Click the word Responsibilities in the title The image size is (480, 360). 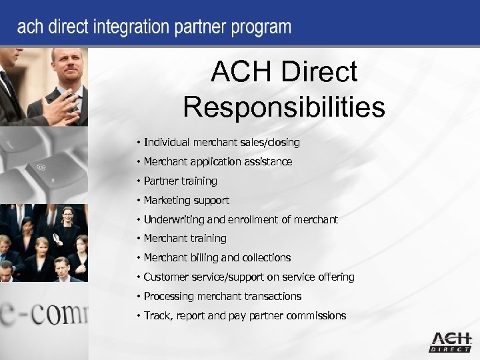284,107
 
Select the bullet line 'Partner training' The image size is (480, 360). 180,181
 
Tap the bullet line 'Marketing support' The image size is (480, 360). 186,200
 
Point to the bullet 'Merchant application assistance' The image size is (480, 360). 217,161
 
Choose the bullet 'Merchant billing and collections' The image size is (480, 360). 217,257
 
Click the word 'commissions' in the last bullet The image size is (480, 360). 316,315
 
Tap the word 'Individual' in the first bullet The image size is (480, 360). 165,142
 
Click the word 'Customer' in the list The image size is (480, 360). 166,277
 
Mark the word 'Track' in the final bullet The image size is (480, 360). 157,315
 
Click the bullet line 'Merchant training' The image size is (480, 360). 185,238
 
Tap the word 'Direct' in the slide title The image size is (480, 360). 319,72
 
